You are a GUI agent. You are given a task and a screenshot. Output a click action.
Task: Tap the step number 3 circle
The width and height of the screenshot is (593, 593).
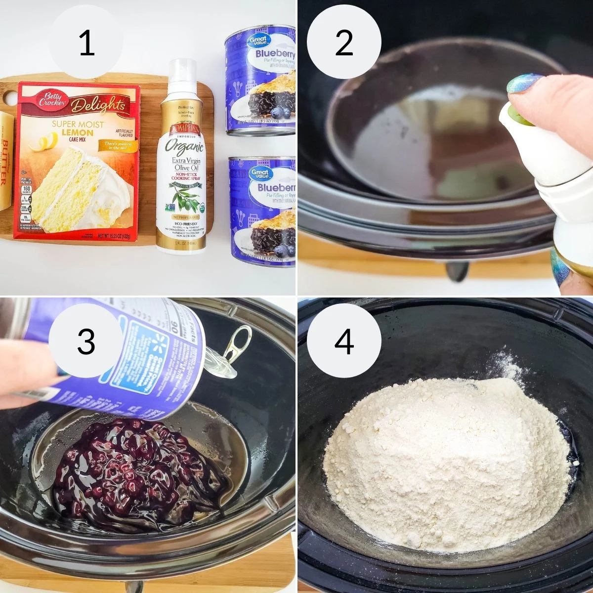[x=87, y=341]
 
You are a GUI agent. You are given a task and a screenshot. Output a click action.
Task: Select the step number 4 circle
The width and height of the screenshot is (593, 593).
[x=344, y=341]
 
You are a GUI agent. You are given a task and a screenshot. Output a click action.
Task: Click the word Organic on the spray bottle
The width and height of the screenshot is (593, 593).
[x=184, y=147]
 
